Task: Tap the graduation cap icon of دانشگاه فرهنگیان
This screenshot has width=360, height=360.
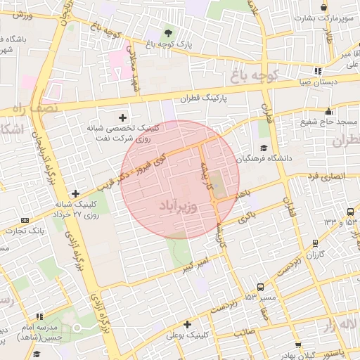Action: pos(264,148)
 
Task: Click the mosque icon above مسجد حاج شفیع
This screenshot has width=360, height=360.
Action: pos(328,110)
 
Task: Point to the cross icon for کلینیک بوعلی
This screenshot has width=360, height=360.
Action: pos(187,324)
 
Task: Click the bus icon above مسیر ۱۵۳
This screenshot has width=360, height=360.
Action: pos(260,287)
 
